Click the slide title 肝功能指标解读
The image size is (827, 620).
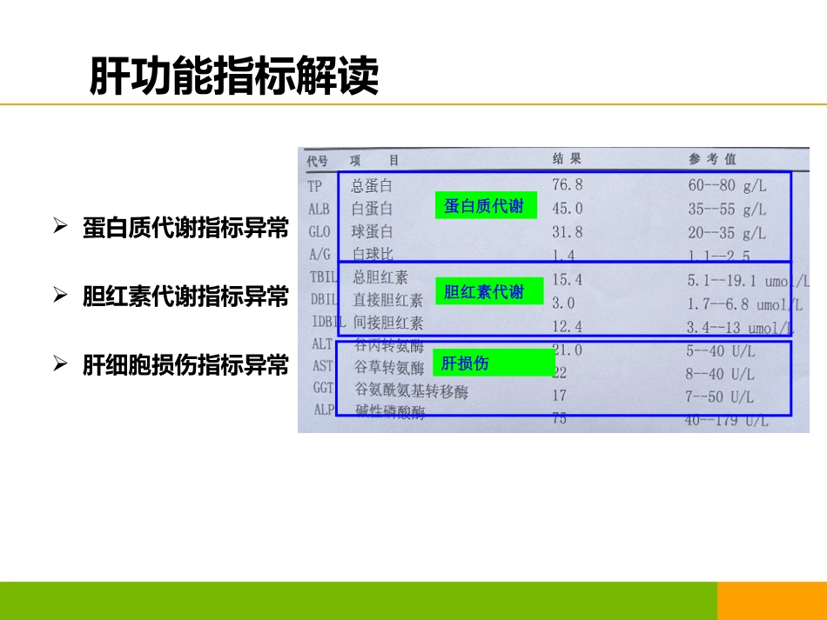234,77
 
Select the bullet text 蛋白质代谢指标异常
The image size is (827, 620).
185,228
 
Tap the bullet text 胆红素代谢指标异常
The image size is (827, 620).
185,297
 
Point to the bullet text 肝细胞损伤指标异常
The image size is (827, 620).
185,364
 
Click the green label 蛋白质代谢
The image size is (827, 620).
485,206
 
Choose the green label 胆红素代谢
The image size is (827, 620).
485,292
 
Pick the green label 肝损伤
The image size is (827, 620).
493,363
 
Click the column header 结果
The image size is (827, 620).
567,159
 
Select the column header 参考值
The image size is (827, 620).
712,159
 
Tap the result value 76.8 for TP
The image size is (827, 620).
567,184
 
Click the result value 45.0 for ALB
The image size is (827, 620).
567,209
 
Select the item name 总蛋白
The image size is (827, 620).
372,185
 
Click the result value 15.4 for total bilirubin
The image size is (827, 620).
567,279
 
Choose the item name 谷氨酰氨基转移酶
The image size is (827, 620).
411,392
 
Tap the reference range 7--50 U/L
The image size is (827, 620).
719,397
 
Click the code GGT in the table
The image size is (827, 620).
323,388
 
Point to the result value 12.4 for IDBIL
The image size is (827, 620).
567,326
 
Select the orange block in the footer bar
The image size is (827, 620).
771,601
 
